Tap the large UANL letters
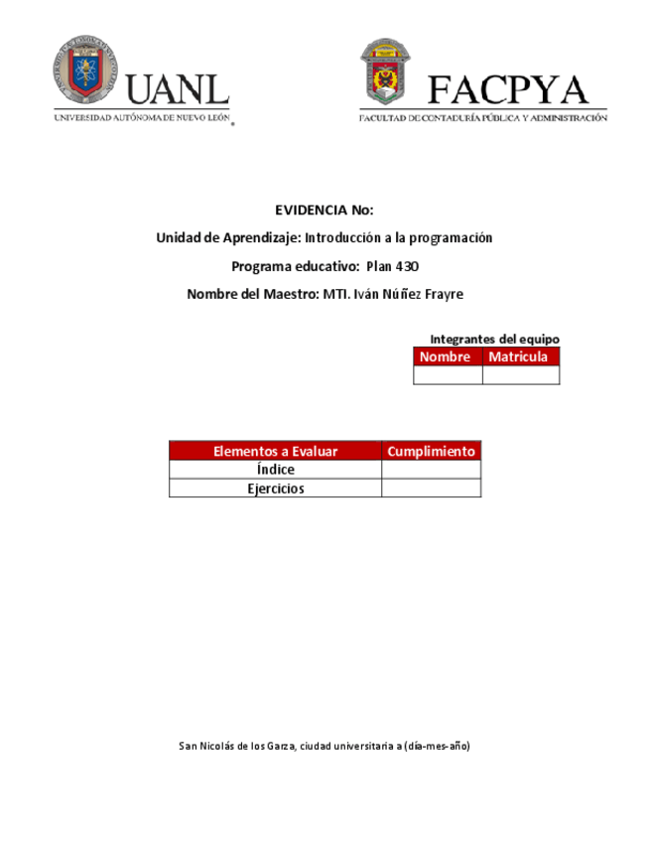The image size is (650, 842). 179,90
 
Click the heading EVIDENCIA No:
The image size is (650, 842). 325,210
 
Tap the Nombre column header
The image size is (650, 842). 447,357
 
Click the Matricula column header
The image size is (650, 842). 520,357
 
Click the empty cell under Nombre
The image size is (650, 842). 448,375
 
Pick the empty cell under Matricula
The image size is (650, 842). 521,375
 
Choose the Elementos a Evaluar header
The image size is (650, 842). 275,452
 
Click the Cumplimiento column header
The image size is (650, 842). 431,452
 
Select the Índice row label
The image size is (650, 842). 275,470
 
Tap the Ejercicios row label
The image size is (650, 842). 275,489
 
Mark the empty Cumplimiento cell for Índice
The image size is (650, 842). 431,470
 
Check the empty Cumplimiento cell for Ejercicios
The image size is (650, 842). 431,489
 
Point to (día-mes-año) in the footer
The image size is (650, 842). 437,746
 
